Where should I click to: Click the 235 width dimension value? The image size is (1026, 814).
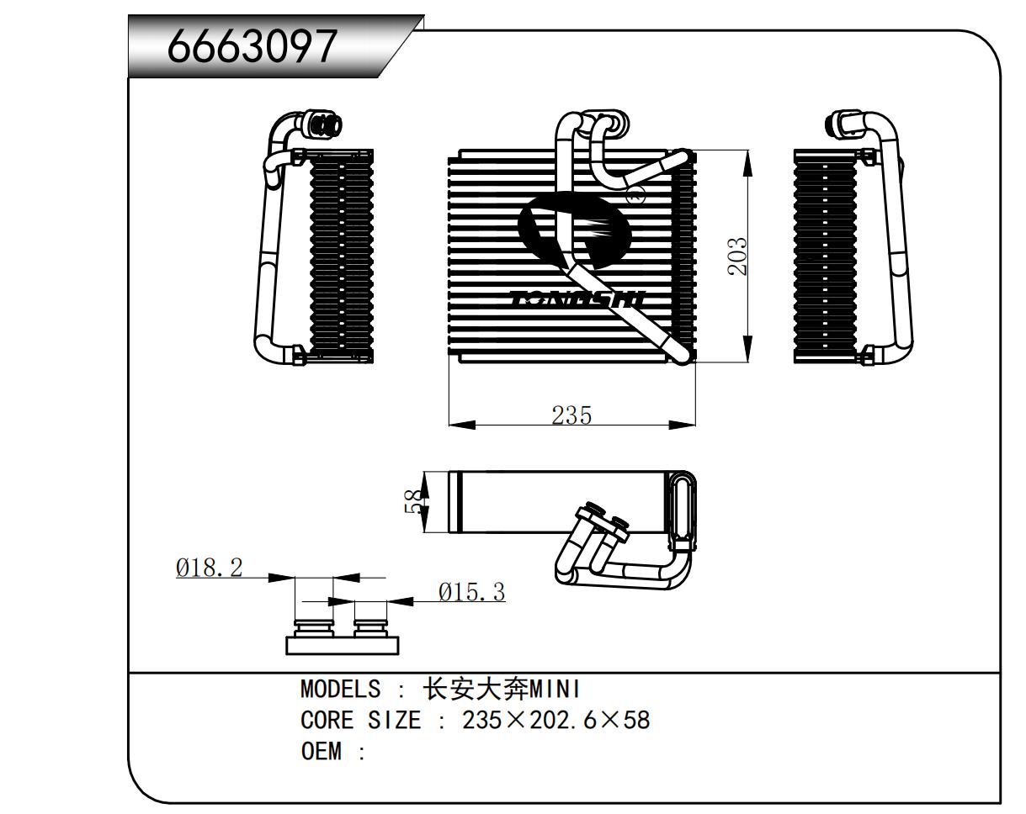[571, 415]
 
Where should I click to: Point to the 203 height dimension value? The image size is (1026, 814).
[737, 256]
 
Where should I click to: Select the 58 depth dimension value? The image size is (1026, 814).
[415, 502]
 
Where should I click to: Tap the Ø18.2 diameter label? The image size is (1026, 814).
[209, 568]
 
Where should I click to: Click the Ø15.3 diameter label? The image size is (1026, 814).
[471, 593]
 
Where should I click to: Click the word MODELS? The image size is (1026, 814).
[340, 690]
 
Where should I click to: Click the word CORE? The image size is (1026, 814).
[327, 721]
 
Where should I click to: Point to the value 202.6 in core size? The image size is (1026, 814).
[561, 721]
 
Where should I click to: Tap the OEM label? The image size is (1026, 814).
[321, 751]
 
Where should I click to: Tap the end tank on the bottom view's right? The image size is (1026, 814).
[682, 504]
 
